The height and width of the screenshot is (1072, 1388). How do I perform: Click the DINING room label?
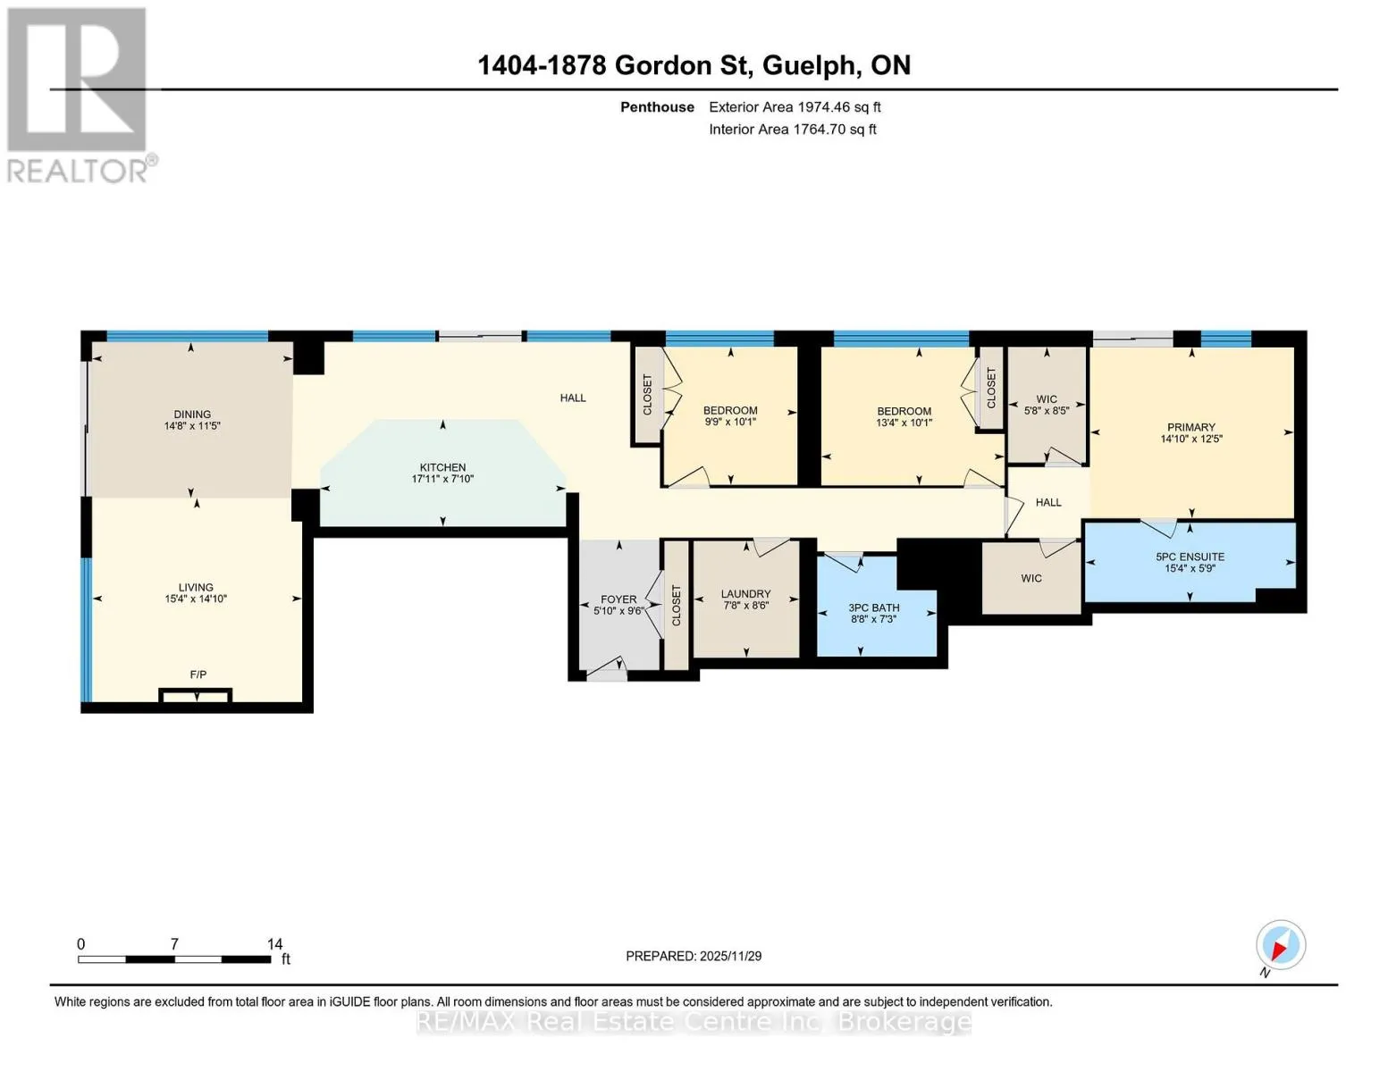192,415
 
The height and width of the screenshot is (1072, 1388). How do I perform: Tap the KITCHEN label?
442,467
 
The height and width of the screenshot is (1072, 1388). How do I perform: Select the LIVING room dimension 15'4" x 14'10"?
196,599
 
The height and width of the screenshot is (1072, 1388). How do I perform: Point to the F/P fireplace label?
198,674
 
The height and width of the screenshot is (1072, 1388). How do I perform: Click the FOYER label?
618,599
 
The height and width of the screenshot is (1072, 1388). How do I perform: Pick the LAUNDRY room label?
745,594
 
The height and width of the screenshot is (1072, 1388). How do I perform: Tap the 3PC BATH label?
874,607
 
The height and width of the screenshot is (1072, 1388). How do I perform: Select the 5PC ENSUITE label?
1190,557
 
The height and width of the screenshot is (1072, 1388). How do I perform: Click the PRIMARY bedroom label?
1190,427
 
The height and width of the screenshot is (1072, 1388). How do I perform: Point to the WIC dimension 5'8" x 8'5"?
1047,411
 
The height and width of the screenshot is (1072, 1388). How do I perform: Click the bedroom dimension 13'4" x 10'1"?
904,423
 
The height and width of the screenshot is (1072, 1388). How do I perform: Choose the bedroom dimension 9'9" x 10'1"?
730,422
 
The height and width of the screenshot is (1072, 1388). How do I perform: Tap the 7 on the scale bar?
174,943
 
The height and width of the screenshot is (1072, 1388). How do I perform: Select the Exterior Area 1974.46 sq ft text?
795,107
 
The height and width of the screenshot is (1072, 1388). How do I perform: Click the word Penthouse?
657,107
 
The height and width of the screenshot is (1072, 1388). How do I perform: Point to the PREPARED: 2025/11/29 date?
694,956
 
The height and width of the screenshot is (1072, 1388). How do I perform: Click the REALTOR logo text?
77,172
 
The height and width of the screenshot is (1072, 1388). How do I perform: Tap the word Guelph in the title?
809,66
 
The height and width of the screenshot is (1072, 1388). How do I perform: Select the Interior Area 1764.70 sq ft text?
793,130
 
